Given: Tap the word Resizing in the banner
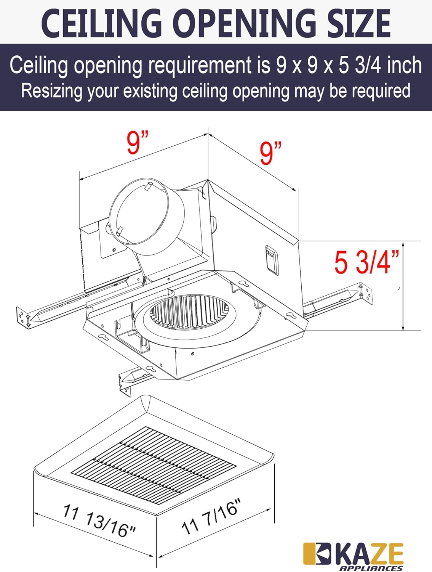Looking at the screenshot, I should coord(51,91).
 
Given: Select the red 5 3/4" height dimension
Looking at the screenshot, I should coord(366,263).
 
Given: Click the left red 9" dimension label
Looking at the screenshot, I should coord(138,143).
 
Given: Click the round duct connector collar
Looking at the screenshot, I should coord(147,216).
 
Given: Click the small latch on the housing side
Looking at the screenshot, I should coord(272,260).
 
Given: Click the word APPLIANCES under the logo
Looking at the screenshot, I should coord(370,568).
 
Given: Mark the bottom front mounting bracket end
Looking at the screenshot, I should coord(125,382).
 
